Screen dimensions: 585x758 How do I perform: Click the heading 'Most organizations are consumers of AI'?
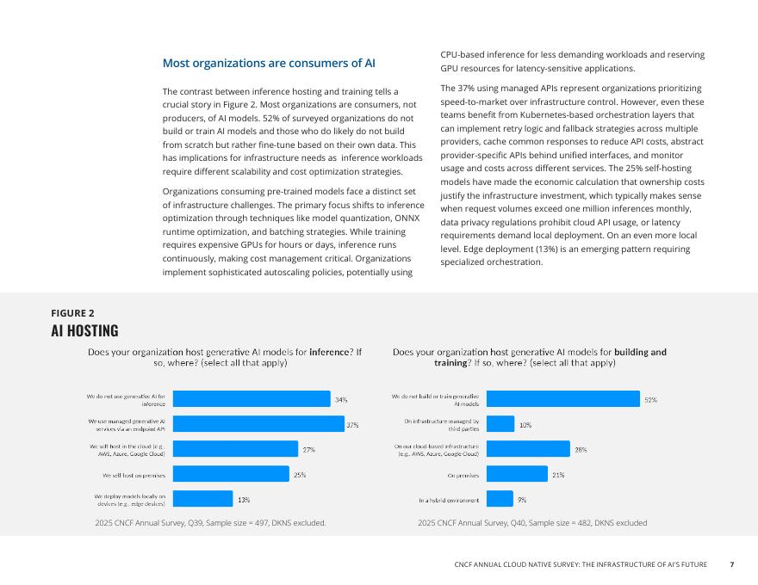tap(269, 64)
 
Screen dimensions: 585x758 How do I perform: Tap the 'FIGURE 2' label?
tap(72, 313)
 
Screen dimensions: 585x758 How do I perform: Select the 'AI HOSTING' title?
tap(84, 331)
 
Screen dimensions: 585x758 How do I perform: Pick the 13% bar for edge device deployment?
tap(202, 498)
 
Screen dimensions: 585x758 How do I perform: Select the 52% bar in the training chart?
tap(563, 398)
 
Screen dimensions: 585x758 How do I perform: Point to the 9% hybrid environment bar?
tap(500, 498)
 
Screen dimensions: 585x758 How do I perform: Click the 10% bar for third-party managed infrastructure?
tap(500, 423)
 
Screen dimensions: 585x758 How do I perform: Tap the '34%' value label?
tap(341, 400)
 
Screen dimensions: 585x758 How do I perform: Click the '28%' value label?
tap(581, 449)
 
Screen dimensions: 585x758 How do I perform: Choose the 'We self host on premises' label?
tap(134, 474)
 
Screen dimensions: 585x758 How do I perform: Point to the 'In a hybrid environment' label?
tap(449, 500)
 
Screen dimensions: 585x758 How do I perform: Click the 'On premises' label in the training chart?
tap(463, 474)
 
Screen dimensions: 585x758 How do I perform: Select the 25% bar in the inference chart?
tap(231, 473)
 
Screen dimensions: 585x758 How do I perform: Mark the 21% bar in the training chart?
tap(517, 473)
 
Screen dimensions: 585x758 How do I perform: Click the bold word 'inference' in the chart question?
tap(331, 352)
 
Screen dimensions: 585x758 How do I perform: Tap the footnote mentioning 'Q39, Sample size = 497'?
tap(210, 523)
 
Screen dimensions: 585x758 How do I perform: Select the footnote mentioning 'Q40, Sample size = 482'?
tap(532, 523)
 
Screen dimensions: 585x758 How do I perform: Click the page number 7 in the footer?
tap(732, 565)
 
